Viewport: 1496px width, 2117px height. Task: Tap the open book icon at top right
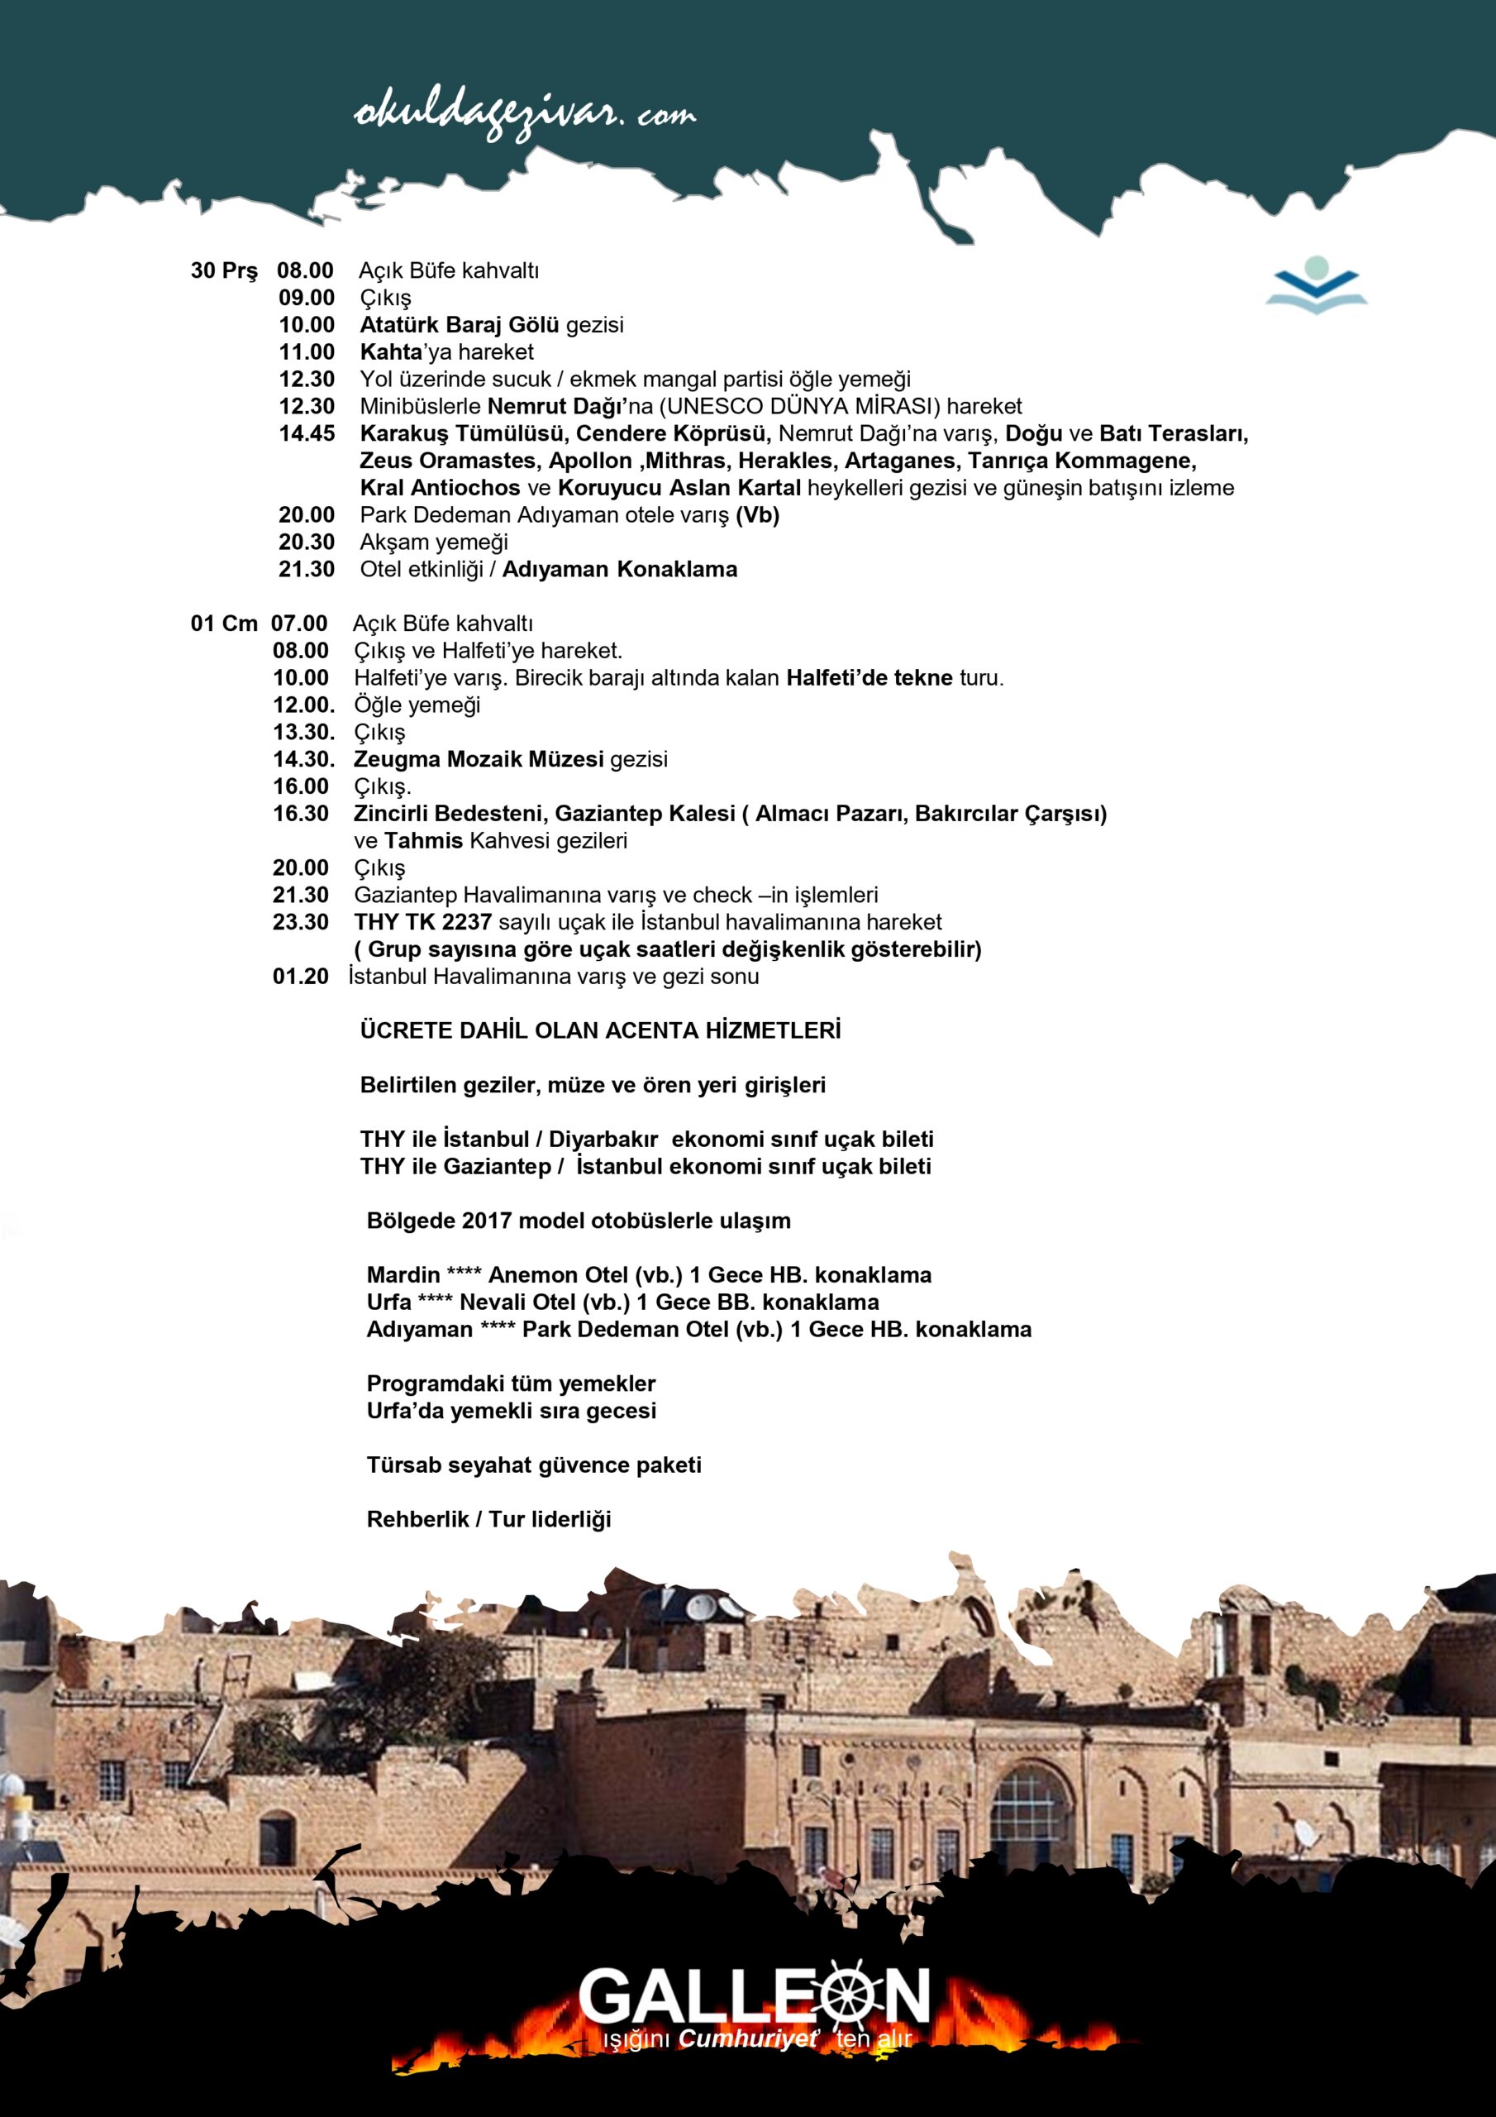[x=1317, y=285]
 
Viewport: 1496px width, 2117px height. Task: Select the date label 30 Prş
[x=224, y=271]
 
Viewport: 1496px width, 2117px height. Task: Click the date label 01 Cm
[x=224, y=624]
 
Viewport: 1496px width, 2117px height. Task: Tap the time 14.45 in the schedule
[x=307, y=433]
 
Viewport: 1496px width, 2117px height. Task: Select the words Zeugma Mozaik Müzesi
[x=479, y=760]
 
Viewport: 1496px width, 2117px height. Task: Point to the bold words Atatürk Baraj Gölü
[x=459, y=324]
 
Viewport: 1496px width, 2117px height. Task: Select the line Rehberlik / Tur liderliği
[x=488, y=1519]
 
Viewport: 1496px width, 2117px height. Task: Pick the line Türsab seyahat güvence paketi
[x=534, y=1465]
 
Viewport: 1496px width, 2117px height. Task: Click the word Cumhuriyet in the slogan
[x=746, y=2038]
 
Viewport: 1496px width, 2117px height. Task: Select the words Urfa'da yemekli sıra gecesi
[x=511, y=1411]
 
